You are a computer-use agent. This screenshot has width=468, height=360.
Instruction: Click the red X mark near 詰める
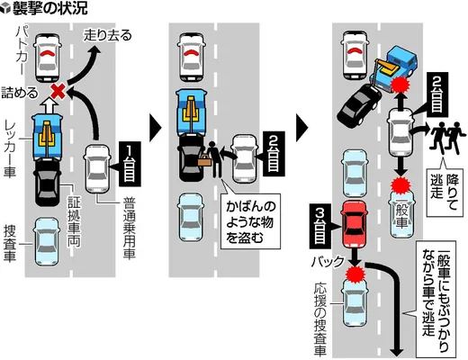pyautogui.click(x=58, y=91)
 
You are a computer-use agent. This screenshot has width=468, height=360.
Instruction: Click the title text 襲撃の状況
pyautogui.click(x=49, y=8)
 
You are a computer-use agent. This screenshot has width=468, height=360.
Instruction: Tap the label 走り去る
pyautogui.click(x=107, y=35)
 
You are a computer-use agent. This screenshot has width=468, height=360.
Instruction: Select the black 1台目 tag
pyautogui.click(x=129, y=164)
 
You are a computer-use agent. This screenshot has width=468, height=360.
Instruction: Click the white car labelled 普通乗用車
pyautogui.click(x=96, y=168)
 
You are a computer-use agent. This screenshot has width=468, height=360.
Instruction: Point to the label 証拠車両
pyautogui.click(x=74, y=221)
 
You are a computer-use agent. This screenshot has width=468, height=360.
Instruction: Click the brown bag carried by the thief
pyautogui.click(x=205, y=160)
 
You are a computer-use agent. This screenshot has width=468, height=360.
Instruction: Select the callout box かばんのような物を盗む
pyautogui.click(x=250, y=222)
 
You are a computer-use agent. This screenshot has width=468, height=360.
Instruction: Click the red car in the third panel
pyautogui.click(x=355, y=224)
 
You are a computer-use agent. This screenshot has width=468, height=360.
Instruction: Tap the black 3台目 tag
pyautogui.click(x=320, y=226)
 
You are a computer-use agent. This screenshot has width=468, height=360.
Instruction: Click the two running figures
pyautogui.click(x=445, y=138)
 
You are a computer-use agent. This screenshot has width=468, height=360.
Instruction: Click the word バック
pyautogui.click(x=328, y=262)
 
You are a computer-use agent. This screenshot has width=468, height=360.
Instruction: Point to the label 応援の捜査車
pyautogui.click(x=320, y=319)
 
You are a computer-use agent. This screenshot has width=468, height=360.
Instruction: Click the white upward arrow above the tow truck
pyautogui.click(x=49, y=105)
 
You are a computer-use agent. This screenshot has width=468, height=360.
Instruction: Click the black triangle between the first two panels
pyautogui.click(x=156, y=128)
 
